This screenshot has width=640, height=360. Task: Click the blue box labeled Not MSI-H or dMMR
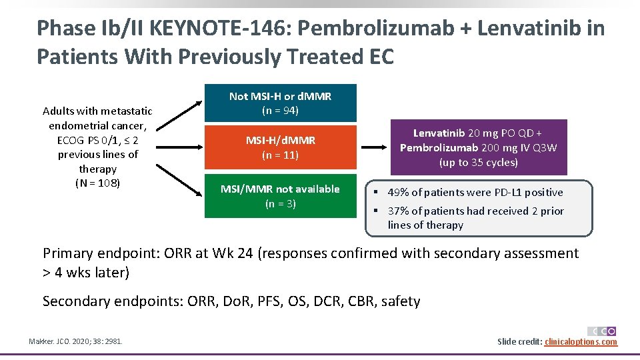(280, 103)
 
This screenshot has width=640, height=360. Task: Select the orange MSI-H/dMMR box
(280, 147)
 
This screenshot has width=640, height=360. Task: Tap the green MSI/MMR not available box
(280, 196)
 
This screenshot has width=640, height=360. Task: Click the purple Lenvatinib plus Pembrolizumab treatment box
(478, 147)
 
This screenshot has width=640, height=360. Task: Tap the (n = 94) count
(280, 111)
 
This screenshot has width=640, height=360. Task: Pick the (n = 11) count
(280, 155)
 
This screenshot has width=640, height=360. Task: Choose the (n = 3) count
(280, 204)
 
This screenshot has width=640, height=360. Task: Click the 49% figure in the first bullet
(398, 193)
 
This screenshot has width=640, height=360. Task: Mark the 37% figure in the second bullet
(398, 211)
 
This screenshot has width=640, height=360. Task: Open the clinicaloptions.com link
(581, 342)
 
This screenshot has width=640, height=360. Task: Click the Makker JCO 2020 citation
(75, 342)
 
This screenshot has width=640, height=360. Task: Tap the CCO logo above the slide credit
(601, 331)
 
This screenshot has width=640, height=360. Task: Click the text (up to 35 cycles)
(478, 163)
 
